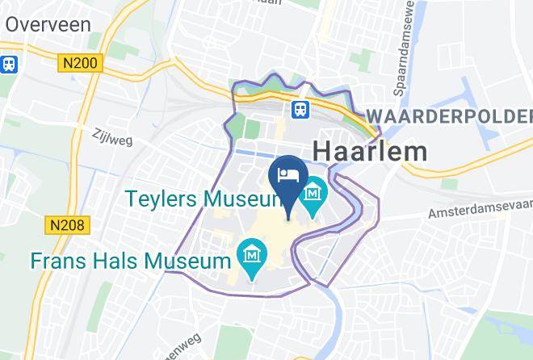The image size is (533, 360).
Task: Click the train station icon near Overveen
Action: click(9, 63)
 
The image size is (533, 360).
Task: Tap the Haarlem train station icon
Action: click(301, 109)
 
